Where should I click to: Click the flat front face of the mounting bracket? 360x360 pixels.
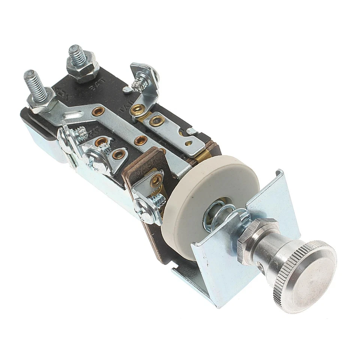pyautogui.click(x=217, y=262)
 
